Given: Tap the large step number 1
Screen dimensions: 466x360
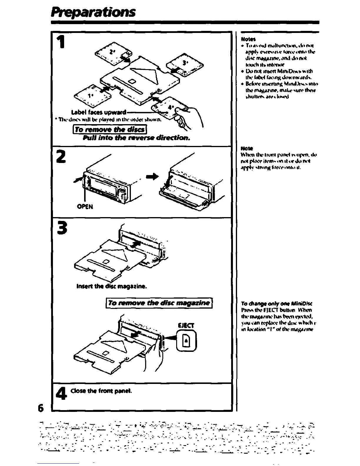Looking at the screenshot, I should pyautogui.click(x=61, y=42).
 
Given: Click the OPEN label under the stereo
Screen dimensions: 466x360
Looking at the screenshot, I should pyautogui.click(x=85, y=207).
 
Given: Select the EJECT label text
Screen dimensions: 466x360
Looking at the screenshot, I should pyautogui.click(x=186, y=326).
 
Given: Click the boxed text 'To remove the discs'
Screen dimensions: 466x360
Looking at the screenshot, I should pyautogui.click(x=110, y=129).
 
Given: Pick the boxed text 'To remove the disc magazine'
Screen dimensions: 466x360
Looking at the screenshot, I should pyautogui.click(x=159, y=303).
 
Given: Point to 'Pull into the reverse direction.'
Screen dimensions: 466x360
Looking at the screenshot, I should pyautogui.click(x=136, y=138).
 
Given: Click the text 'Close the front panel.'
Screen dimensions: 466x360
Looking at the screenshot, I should pyautogui.click(x=101, y=391).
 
